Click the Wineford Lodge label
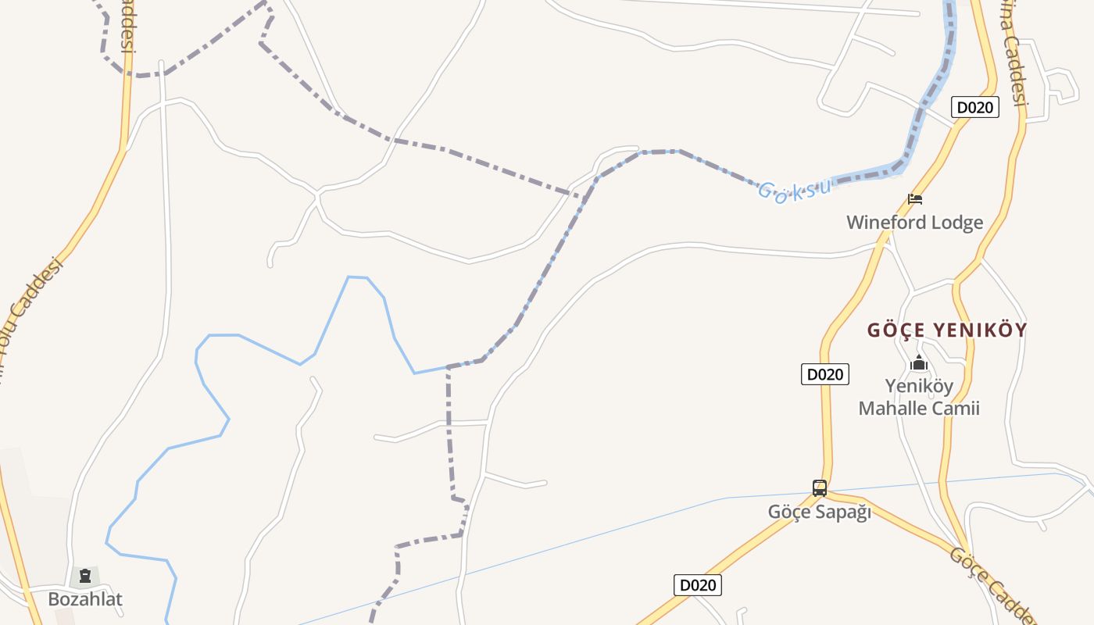[x=914, y=223]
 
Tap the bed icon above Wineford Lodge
[x=915, y=199]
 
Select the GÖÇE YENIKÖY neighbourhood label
[x=946, y=330]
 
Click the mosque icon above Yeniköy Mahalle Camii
[x=919, y=363]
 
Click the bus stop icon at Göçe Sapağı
[x=819, y=488]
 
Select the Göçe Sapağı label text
[x=819, y=512]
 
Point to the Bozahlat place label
[x=85, y=599]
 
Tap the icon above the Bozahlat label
[x=85, y=577]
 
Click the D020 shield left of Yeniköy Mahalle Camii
[x=824, y=374]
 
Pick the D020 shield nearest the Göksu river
[x=974, y=107]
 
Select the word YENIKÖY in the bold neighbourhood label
[x=978, y=330]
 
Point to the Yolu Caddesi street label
[x=31, y=305]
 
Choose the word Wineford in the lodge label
[x=880, y=223]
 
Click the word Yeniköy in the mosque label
[x=919, y=386]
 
